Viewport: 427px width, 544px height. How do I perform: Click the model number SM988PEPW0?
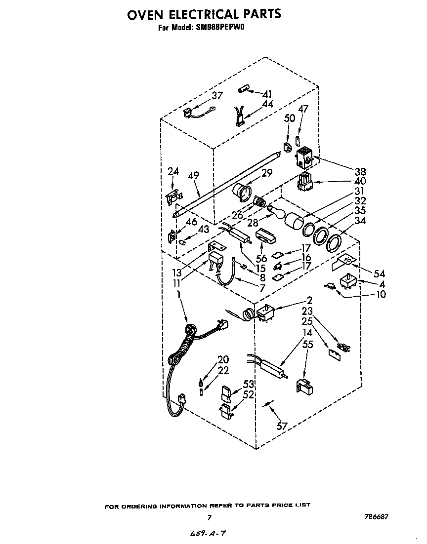[x=217, y=28]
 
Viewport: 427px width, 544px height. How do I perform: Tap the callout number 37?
[x=217, y=96]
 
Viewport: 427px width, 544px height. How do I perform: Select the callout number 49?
[x=193, y=176]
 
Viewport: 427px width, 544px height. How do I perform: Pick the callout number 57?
[x=282, y=426]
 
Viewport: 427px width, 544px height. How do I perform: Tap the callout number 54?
[x=380, y=273]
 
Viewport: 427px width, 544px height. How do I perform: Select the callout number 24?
[x=173, y=171]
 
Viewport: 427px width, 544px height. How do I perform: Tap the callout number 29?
[x=267, y=173]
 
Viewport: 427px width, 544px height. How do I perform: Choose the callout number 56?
[x=261, y=259]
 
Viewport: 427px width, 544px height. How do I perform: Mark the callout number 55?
[x=307, y=345]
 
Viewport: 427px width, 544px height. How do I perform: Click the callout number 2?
[x=309, y=300]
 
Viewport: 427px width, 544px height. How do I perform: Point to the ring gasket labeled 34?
[x=334, y=242]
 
